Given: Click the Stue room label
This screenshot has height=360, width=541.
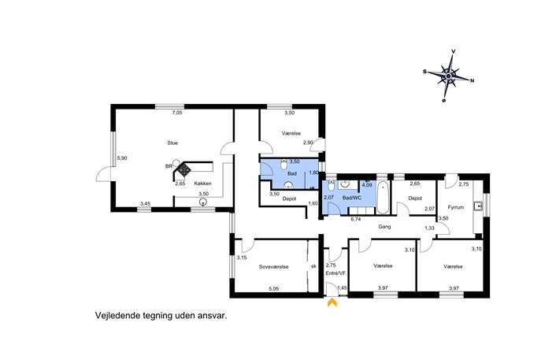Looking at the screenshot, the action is [172, 143].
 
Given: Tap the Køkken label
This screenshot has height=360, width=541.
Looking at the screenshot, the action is [202, 184].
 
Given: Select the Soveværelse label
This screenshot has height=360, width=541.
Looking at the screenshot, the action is [273, 267].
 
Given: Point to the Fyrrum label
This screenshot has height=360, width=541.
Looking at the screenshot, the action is [456, 207].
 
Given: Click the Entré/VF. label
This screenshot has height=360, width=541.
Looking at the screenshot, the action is [335, 273].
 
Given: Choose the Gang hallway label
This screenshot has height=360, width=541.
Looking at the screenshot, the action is [384, 227].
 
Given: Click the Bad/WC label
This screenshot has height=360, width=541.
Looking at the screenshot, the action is [351, 198].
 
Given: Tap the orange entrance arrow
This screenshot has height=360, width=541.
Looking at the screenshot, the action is [332, 302].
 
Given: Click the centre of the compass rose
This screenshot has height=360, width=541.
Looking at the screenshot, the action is [448, 76].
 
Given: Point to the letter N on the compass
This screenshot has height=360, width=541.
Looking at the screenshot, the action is [472, 81].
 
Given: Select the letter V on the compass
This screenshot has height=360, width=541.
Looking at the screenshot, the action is [454, 51].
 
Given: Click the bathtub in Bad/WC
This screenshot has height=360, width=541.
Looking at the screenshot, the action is [383, 198].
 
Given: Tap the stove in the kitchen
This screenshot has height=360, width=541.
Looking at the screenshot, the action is [184, 169].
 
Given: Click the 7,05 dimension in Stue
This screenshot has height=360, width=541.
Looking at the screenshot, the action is [176, 113].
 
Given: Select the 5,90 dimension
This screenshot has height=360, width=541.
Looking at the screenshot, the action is [122, 158].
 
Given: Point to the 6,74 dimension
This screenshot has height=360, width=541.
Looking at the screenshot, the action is [355, 219].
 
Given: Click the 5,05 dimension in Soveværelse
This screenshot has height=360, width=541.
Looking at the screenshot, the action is [273, 289].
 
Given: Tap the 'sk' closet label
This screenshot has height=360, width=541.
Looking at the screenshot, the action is [313, 266].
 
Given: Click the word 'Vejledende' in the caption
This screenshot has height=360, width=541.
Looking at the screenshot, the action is [117, 315].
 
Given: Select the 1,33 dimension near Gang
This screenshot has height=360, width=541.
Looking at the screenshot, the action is [429, 228].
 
